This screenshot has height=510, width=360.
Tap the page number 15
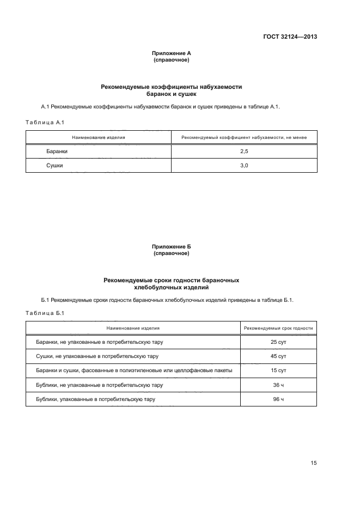pos(313,463)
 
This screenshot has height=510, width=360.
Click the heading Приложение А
pos(171,53)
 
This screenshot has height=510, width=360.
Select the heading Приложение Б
pos(171,247)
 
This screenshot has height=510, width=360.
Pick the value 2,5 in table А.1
pos(244,151)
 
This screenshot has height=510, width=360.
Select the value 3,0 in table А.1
pos(244,166)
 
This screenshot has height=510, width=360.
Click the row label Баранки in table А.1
pos(57,151)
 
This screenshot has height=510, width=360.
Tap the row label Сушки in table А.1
pos(54,166)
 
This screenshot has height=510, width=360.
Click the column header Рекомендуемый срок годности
pos(278,329)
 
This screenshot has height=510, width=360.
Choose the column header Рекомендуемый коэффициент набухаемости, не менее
pos(244,137)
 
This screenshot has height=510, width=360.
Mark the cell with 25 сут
pos(278,342)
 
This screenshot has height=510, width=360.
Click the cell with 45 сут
pos(278,356)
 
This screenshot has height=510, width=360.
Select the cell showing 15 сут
pos(278,371)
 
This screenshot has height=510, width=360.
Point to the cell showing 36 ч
pos(278,385)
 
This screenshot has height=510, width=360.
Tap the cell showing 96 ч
pos(278,399)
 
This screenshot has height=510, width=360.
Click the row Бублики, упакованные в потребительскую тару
pos(93,399)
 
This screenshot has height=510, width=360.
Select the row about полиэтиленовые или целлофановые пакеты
pos(131,371)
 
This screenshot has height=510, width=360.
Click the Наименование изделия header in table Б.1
pos(133,329)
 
